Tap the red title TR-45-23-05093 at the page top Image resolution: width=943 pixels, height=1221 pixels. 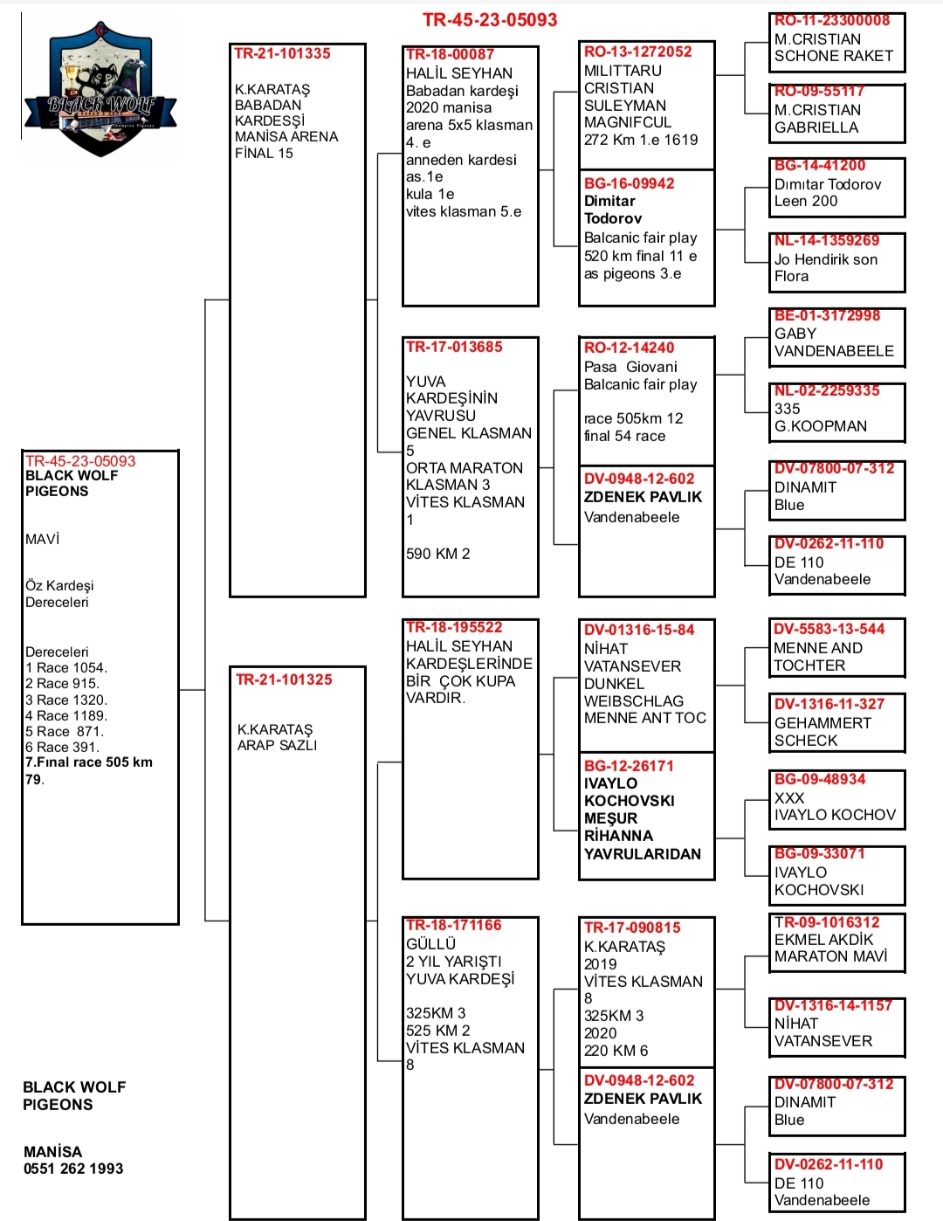pos(490,20)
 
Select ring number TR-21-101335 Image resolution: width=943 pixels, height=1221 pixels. pos(282,53)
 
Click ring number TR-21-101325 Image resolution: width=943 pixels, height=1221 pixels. pos(284,679)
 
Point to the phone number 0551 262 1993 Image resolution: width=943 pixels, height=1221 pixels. pos(73,1169)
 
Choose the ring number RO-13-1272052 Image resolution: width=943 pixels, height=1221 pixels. pos(637,52)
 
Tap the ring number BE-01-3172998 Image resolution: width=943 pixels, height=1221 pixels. pos(827,315)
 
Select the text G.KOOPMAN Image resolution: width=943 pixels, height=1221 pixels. pos(821,426)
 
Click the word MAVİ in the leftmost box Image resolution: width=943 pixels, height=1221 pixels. pos(42,539)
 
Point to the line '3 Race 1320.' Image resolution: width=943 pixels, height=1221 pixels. pos(66,700)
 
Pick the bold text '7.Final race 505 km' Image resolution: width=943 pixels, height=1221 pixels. pos(89,762)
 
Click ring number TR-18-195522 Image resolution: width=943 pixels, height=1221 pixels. pos(454,627)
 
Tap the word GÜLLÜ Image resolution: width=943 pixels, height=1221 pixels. pos(430,943)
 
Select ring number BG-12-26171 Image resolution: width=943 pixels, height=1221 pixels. pos(629,765)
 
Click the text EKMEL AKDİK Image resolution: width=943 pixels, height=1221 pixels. pos(823,940)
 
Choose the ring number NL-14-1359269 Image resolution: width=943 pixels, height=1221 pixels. pos(827,240)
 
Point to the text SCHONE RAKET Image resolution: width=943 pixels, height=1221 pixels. pos(834,56)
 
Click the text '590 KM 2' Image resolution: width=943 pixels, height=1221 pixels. pos(438,554)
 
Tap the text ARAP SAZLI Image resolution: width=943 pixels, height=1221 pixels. pos(277,745)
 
